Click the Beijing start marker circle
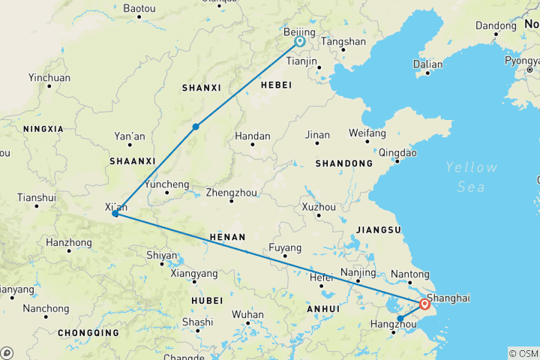pyautogui.click(x=299, y=42)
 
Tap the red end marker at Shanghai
pyautogui.click(x=425, y=304)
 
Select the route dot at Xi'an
pyautogui.click(x=115, y=214)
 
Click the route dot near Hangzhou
pyautogui.click(x=400, y=319)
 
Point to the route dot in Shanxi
pyautogui.click(x=196, y=126)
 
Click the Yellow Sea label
pyautogui.click(x=470, y=177)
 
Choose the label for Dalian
pyautogui.click(x=428, y=64)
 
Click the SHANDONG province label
pyautogui.click(x=344, y=163)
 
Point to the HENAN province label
pyautogui.click(x=227, y=237)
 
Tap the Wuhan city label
pyautogui.click(x=248, y=314)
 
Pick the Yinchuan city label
pyautogui.click(x=49, y=77)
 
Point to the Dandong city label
pyautogui.click(x=496, y=25)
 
